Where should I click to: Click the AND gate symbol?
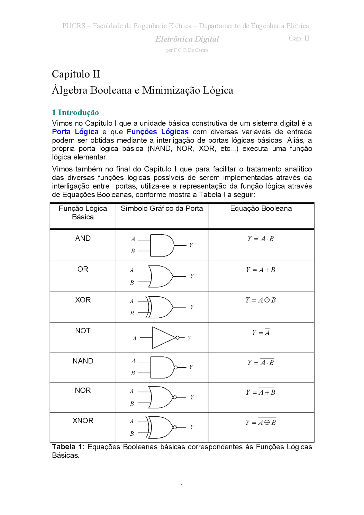click(162, 245)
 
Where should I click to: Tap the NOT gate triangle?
click(163, 338)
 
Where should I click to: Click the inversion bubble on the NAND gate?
click(176, 367)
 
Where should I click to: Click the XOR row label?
click(83, 300)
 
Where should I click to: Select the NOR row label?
click(83, 390)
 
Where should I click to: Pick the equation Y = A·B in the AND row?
click(260, 239)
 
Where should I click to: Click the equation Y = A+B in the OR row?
click(260, 270)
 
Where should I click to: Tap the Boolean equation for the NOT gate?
click(261, 332)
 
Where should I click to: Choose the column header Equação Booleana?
click(261, 208)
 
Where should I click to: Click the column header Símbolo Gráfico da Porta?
click(162, 208)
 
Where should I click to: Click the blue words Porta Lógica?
click(75, 132)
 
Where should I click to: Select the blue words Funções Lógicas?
click(158, 132)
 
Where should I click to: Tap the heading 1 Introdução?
click(75, 113)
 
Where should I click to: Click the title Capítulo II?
click(76, 74)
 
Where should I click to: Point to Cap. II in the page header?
click(299, 38)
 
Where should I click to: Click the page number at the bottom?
click(182, 486)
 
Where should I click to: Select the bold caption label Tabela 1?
click(68, 447)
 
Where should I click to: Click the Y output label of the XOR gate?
click(192, 307)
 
